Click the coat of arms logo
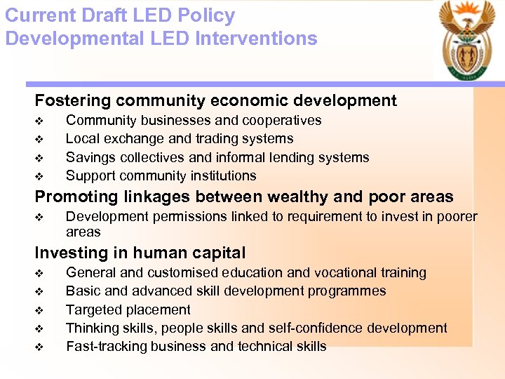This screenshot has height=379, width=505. point(467,42)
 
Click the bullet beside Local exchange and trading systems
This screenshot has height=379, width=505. point(39,139)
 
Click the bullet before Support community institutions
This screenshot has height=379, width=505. point(39,175)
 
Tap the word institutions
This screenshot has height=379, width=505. point(222,175)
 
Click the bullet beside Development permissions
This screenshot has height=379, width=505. point(39,218)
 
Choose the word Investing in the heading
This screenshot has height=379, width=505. point(69,253)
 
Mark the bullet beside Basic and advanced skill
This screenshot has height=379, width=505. point(39,291)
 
